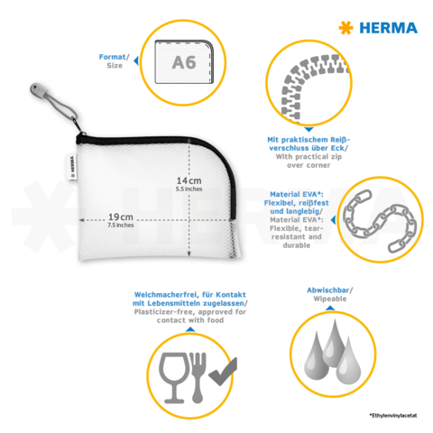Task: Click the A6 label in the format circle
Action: coord(184,62)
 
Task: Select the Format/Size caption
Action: coord(115,60)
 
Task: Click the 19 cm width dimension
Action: coord(121,216)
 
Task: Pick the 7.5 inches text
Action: coord(120,226)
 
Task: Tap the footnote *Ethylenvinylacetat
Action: coord(393,414)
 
